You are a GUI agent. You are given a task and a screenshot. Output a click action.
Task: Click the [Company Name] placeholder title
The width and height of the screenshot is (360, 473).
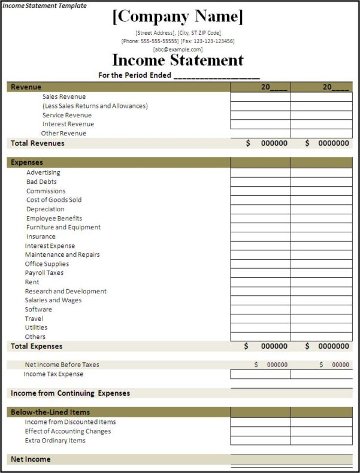tap(178, 17)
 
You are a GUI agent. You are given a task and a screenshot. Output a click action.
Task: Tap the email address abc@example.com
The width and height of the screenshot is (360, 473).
tap(178, 49)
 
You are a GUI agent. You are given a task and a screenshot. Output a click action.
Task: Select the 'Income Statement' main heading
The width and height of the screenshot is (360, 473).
tap(178, 60)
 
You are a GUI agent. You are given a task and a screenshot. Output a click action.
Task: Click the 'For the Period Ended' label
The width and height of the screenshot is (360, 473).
tap(135, 75)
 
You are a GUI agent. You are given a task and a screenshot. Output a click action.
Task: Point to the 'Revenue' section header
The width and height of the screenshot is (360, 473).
tap(26, 87)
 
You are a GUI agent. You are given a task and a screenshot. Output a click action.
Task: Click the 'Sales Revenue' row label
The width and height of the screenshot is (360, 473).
tap(64, 96)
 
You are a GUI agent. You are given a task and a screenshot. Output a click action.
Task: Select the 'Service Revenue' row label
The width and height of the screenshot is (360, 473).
tap(67, 115)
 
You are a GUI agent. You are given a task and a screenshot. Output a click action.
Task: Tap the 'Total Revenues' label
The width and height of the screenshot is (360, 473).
tap(37, 143)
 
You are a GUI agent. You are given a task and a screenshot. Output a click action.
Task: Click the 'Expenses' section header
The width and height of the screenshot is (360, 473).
tap(27, 162)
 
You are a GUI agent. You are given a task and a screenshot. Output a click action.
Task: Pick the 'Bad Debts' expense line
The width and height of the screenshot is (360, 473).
tap(41, 181)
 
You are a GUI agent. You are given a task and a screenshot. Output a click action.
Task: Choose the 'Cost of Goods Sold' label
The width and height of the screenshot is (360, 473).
tap(54, 200)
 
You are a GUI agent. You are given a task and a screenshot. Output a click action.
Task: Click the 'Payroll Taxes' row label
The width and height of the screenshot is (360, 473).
tap(44, 273)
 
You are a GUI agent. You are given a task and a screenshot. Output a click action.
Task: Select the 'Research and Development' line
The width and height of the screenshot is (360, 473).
tap(65, 291)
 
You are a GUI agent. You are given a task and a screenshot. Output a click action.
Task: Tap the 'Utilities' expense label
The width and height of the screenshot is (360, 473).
tap(36, 328)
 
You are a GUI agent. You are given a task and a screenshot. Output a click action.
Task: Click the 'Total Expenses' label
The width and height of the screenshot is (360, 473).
tap(37, 346)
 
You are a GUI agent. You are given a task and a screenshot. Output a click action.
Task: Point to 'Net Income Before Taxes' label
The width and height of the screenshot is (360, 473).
tap(62, 365)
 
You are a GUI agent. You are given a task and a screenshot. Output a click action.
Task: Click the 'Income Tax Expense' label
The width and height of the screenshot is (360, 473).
tap(53, 374)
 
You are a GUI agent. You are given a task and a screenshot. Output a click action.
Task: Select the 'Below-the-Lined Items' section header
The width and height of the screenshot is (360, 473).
tap(50, 412)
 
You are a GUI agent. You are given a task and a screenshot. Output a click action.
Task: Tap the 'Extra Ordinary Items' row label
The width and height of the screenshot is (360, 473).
tap(55, 441)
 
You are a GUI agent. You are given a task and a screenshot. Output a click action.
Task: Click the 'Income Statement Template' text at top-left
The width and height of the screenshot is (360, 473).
tap(44, 5)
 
